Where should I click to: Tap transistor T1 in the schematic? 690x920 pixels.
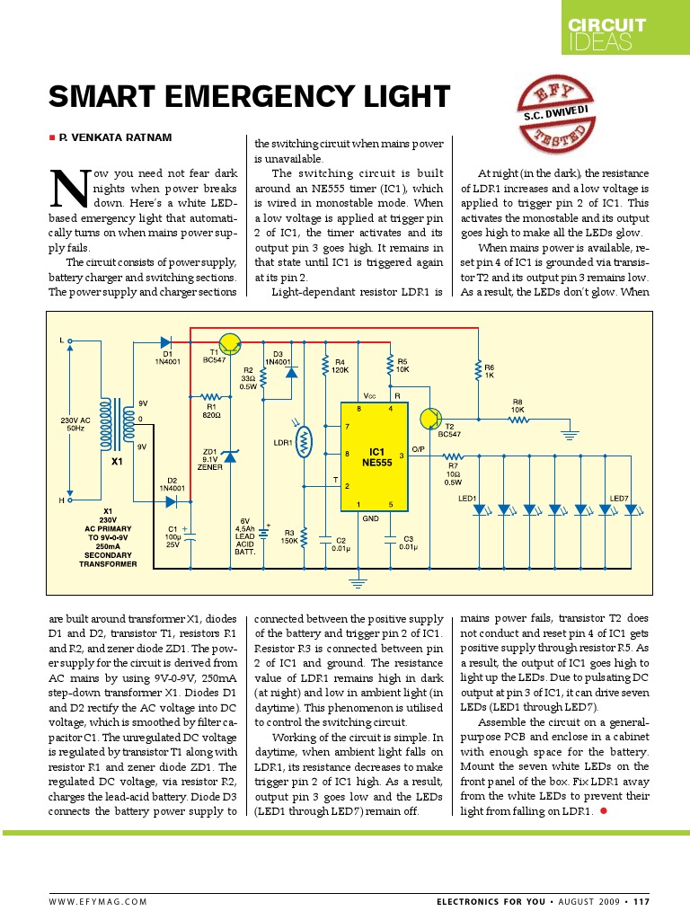coord(231,342)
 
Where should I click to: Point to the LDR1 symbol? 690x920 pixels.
coord(304,440)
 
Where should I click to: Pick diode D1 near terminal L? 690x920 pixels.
coord(167,341)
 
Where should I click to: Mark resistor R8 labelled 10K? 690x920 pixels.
coord(517,419)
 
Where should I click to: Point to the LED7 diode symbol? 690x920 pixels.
coord(631,509)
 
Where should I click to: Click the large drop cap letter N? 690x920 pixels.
coord(66,187)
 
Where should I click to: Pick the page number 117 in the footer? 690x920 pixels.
coord(641,901)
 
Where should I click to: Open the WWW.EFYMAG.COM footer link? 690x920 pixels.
coord(98,901)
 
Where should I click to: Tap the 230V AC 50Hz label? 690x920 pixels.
coord(75,423)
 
